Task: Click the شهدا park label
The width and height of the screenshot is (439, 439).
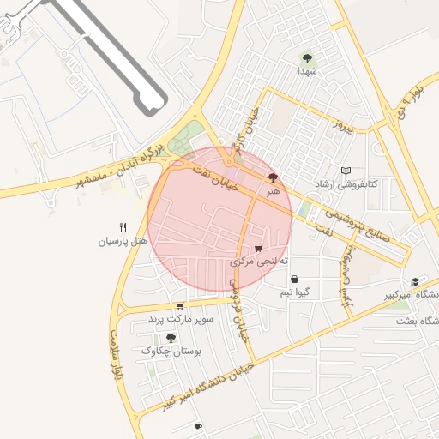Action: point(308,72)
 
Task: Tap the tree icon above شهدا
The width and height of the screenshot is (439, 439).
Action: point(307,58)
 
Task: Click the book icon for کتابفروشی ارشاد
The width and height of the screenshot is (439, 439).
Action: point(346,171)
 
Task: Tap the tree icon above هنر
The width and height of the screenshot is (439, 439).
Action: point(274,177)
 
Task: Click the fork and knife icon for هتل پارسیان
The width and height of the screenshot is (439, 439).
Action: point(123,228)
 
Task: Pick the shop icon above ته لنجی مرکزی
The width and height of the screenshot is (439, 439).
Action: point(258,248)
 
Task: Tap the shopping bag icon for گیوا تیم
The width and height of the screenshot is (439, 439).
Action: point(294,279)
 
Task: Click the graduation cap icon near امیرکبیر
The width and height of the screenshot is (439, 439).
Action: point(415,281)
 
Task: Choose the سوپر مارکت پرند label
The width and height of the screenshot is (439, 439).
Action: point(178,319)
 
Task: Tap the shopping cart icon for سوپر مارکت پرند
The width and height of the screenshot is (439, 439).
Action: point(179,306)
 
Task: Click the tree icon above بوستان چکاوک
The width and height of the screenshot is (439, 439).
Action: point(171,338)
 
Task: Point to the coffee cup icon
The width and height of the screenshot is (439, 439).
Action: point(198,426)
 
